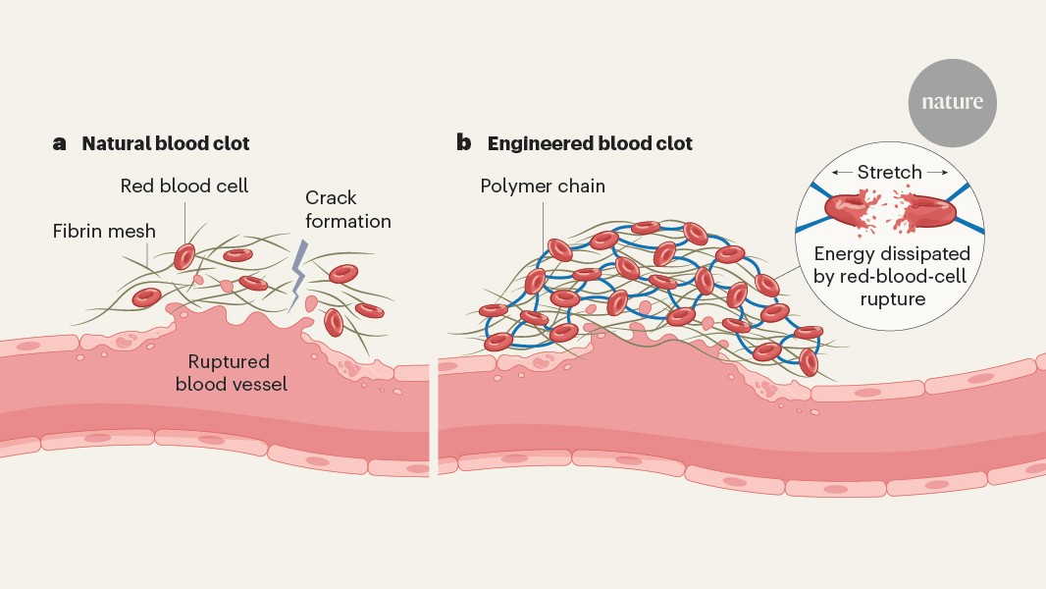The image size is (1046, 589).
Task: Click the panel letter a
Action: point(60,143)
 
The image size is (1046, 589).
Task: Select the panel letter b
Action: point(464,143)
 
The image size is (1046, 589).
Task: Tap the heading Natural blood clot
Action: point(166,143)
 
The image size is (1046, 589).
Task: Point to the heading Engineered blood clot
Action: point(590,143)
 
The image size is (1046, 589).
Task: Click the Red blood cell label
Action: point(184,186)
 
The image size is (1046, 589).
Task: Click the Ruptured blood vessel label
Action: point(232,373)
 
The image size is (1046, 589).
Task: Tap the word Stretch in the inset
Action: point(889,172)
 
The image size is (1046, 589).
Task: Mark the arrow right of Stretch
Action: point(937,173)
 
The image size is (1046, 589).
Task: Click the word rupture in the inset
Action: point(891,298)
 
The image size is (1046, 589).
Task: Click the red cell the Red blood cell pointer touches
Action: point(184,256)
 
